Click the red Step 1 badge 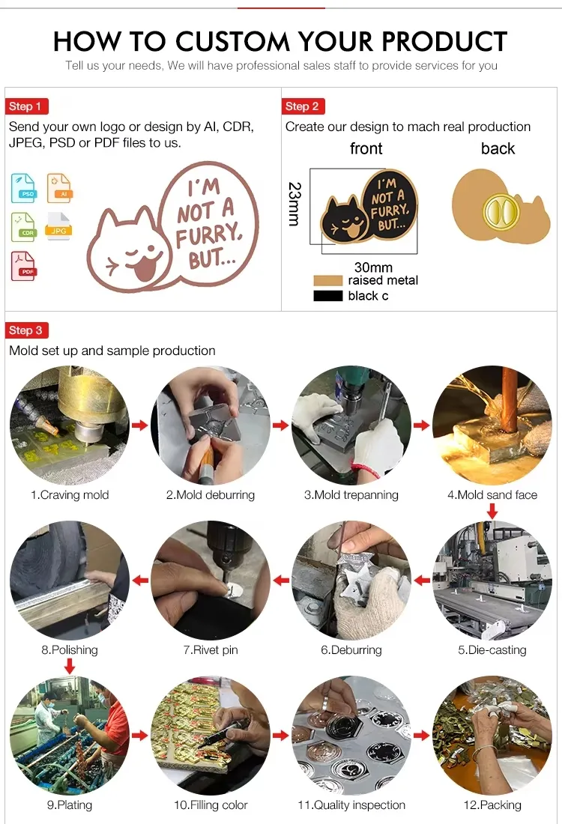point(26,106)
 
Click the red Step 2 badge point(303,106)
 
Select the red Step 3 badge point(26,330)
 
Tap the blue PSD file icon point(23,188)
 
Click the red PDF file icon point(23,266)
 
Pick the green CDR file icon point(23,227)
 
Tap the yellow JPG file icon point(59,226)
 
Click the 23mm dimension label point(294,204)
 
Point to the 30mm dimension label point(373,267)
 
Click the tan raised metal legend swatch point(327,280)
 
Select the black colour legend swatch point(327,296)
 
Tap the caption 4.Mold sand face point(492,495)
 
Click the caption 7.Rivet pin point(211,650)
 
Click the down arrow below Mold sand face point(492,511)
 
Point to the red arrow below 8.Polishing point(70,665)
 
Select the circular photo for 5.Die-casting point(492,580)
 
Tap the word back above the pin point(498,148)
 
